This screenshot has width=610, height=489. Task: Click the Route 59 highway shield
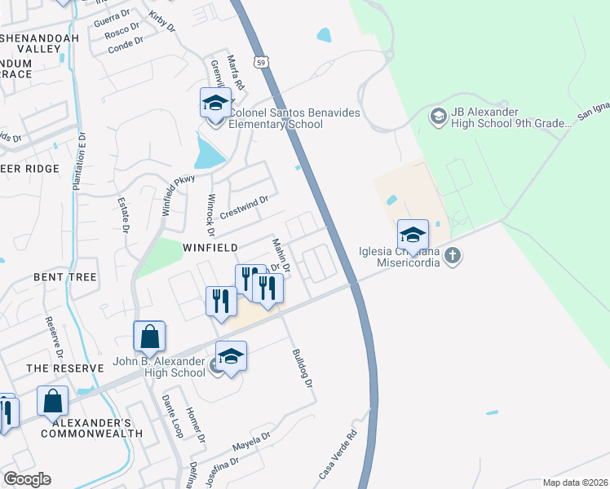coord(259,61)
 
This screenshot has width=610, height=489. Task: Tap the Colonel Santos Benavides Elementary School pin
coord(215,104)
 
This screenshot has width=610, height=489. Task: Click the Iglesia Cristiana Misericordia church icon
coord(453,257)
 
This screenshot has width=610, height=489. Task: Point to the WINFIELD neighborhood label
coord(210,247)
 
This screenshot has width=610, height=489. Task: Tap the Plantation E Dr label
coord(81,162)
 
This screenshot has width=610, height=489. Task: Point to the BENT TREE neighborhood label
coord(65,277)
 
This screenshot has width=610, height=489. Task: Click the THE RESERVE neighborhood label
coord(65,368)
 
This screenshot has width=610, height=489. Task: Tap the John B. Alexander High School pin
coord(231,356)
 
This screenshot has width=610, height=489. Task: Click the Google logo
coord(27,479)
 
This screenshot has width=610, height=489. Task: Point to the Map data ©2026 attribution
coord(575,482)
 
